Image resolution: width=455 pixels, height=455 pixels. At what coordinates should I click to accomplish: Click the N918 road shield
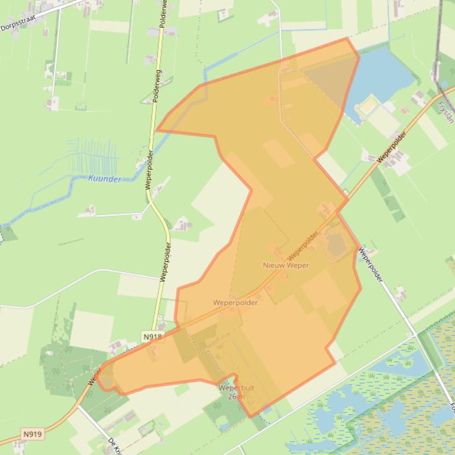point(152,337)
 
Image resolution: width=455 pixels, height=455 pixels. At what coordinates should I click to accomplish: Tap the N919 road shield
point(33,434)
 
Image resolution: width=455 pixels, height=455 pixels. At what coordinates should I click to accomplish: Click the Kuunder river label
point(104,179)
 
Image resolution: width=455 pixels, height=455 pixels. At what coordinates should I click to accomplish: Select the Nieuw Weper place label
point(286,265)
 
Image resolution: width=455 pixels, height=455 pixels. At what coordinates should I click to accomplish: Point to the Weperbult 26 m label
point(236,392)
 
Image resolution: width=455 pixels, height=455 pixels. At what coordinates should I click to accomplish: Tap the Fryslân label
point(445,112)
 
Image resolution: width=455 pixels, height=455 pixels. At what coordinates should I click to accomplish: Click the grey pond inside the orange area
point(336,245)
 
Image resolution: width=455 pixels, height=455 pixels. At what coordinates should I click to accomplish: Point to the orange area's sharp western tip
point(156,129)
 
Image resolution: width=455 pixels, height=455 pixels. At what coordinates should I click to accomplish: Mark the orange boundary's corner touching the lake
point(359,57)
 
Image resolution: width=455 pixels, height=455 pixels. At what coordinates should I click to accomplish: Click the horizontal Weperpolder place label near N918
point(235,303)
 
